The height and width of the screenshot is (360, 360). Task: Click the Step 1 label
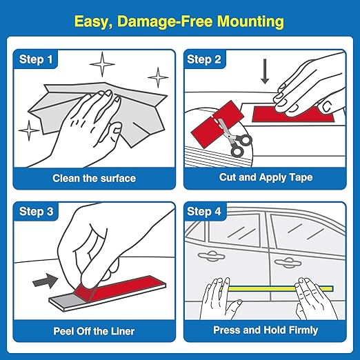click(35, 60)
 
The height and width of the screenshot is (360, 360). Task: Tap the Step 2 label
click(204, 60)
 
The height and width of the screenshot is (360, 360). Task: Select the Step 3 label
click(35, 211)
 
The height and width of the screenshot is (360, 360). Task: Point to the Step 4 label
click(204, 211)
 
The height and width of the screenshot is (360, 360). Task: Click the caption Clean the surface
click(94, 179)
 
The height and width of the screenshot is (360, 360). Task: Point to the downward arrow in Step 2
click(264, 72)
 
